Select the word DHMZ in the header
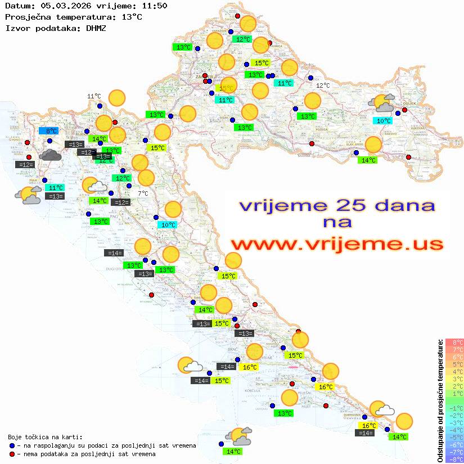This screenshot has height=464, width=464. click(x=95, y=28)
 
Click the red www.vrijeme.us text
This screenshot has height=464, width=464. click(x=337, y=244)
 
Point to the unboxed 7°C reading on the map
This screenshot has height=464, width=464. click(x=143, y=193)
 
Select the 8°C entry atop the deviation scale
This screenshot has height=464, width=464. click(x=454, y=343)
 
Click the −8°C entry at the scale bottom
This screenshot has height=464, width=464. click(x=454, y=460)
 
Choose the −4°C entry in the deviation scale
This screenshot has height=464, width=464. click(x=454, y=430)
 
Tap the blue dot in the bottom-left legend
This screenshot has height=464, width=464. click(x=12, y=445)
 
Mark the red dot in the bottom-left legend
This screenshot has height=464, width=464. click(x=12, y=454)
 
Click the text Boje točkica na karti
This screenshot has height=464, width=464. click(x=45, y=437)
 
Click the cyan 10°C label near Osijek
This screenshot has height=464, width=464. click(x=384, y=121)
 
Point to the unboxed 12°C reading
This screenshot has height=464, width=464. click(x=323, y=85)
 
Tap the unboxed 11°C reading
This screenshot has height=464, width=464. click(x=94, y=96)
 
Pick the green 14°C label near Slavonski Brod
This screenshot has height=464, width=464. click(x=368, y=160)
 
